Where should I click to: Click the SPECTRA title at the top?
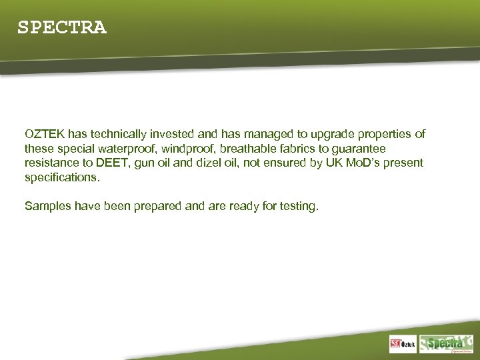pyautogui.click(x=61, y=27)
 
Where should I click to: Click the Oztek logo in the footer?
pyautogui.click(x=403, y=344)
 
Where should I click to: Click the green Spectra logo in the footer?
pyautogui.click(x=445, y=343)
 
